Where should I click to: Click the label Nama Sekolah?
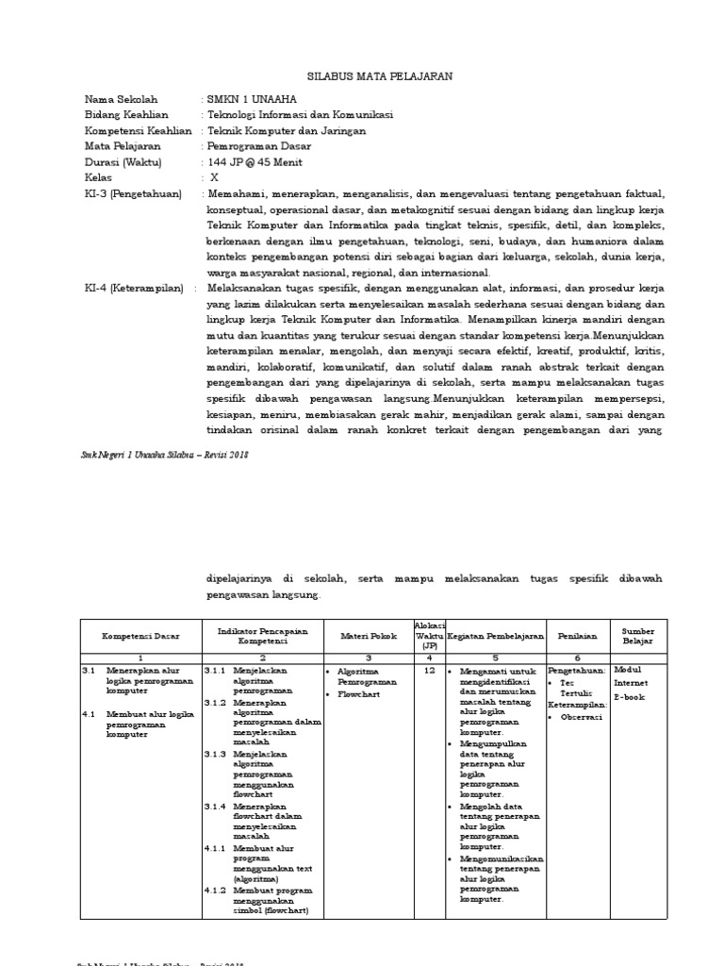(122, 99)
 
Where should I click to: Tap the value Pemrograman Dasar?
(258, 147)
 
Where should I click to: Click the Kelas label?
(98, 177)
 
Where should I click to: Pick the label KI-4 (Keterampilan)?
(133, 289)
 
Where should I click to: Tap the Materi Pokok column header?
(369, 636)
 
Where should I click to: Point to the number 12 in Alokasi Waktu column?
(429, 670)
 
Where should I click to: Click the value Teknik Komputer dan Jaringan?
(287, 131)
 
